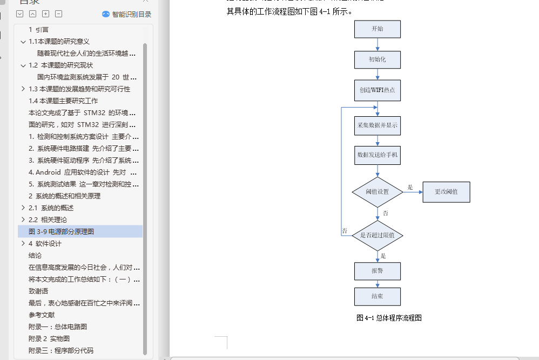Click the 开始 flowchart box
[x=378, y=29]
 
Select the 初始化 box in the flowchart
[x=378, y=59]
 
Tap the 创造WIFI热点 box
[x=378, y=90]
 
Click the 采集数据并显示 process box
[x=378, y=125]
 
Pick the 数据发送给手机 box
[x=378, y=155]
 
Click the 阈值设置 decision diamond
[x=378, y=192]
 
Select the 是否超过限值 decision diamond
[x=378, y=235]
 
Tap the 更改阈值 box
[x=446, y=192]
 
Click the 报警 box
[x=378, y=271]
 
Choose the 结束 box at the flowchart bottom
[x=378, y=296]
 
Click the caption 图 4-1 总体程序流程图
[x=389, y=318]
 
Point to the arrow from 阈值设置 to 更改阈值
[x=413, y=192]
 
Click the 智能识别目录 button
[x=127, y=15]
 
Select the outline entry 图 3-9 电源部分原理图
[x=62, y=231]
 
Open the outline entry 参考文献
[x=42, y=315]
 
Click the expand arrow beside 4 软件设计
[x=23, y=243]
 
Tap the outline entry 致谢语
[x=39, y=291]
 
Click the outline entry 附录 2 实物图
[x=49, y=338]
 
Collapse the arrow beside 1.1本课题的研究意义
[x=23, y=41]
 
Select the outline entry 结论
[x=35, y=255]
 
